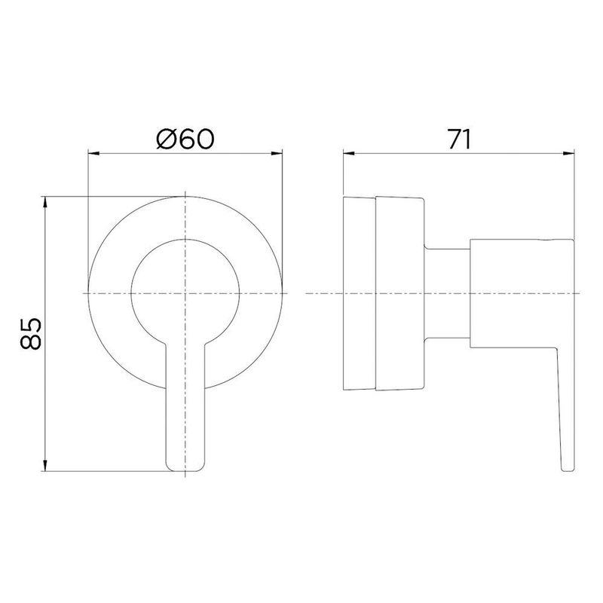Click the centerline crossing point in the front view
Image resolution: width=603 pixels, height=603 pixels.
[185, 292]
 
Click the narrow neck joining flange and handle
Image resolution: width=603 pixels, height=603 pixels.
[448, 292]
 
